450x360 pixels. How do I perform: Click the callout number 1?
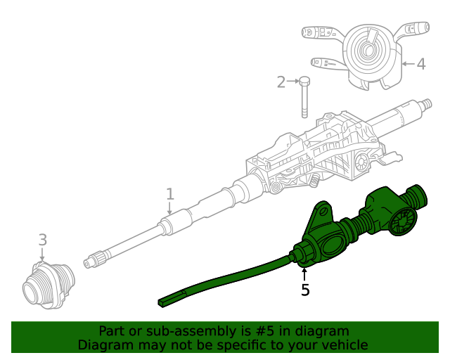[x=169, y=193]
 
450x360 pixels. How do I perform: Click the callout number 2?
[x=281, y=82]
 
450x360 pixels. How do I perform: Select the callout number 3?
[x=42, y=240]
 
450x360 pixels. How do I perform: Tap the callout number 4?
[x=421, y=65]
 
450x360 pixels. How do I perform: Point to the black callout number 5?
[x=305, y=290]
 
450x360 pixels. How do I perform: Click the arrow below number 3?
[x=42, y=255]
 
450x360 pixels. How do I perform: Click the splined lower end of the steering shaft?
[x=91, y=263]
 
